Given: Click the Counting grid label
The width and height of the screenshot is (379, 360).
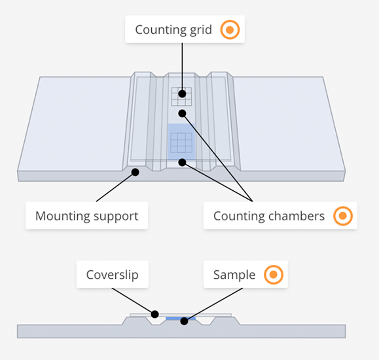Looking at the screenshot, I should pyautogui.click(x=173, y=30).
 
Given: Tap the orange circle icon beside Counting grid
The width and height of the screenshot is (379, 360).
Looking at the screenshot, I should pyautogui.click(x=230, y=30).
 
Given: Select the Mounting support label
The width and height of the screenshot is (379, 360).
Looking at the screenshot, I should pyautogui.click(x=87, y=216).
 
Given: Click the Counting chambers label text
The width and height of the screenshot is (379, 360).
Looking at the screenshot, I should pyautogui.click(x=269, y=216).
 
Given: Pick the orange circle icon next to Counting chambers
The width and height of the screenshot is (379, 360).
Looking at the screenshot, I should pyautogui.click(x=343, y=216).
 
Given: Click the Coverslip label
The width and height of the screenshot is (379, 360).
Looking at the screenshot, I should pyautogui.click(x=112, y=275).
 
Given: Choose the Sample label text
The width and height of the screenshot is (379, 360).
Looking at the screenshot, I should pyautogui.click(x=234, y=275).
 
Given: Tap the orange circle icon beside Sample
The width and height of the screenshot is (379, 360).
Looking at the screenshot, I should pyautogui.click(x=273, y=275).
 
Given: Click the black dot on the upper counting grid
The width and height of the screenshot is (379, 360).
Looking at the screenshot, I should pyautogui.click(x=182, y=94).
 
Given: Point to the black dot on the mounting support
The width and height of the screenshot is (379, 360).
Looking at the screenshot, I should pyautogui.click(x=135, y=172).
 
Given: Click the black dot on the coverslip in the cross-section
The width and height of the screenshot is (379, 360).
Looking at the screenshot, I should pyautogui.click(x=155, y=314).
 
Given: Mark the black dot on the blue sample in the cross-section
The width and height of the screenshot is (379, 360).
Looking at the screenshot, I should pyautogui.click(x=184, y=321).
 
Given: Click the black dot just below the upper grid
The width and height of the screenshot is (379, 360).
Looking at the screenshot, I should pyautogui.click(x=182, y=113).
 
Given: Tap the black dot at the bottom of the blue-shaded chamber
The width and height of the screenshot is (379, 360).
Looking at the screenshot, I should pyautogui.click(x=182, y=162).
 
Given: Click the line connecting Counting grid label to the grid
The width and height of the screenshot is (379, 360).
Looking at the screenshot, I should pyautogui.click(x=182, y=66).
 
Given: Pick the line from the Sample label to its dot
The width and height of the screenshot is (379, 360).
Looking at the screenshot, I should pyautogui.click(x=215, y=303).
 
